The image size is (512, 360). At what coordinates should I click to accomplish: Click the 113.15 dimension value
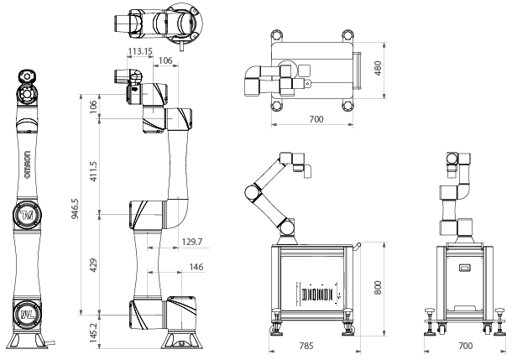140,51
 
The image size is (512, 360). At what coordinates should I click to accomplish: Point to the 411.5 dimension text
93,171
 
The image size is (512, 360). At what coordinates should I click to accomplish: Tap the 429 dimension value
93,265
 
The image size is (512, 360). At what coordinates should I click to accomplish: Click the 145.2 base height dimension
94,333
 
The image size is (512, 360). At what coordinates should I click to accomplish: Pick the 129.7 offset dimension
192,242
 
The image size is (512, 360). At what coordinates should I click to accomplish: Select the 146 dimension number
196,267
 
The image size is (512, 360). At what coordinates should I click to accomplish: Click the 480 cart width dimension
378,68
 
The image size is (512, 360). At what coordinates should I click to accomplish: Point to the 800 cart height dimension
378,288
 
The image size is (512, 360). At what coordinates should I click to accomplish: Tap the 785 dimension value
306,346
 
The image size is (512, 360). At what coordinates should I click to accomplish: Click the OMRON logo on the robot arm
28,164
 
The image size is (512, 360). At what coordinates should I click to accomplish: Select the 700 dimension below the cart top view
316,119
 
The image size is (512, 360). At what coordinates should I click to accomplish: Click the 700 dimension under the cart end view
465,346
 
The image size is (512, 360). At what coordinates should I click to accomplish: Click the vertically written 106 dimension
93,107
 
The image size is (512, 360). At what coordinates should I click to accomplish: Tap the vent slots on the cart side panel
318,295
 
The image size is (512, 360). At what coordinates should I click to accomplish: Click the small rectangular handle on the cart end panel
465,268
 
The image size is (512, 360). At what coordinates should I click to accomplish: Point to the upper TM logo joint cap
28,215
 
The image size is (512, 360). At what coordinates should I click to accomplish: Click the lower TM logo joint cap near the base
28,315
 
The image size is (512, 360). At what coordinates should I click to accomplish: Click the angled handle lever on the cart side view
357,248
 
